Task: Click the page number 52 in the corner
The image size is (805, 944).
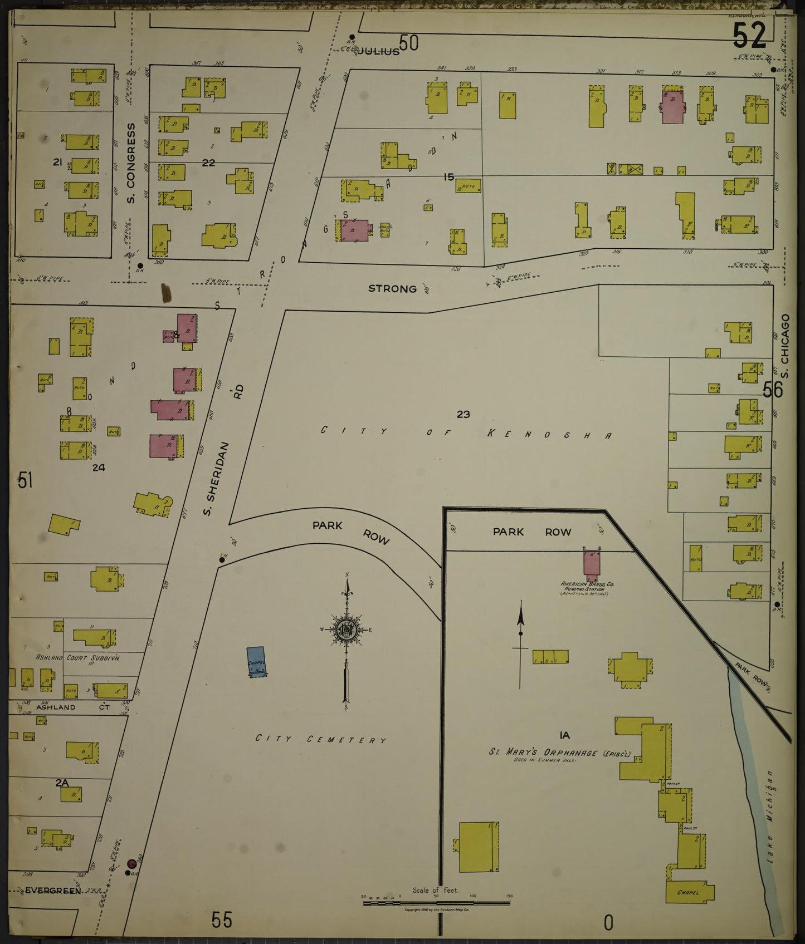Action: click(749, 37)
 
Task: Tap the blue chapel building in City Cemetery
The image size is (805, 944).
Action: click(256, 662)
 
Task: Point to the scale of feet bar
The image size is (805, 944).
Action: click(437, 902)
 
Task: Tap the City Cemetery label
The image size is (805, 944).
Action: click(320, 739)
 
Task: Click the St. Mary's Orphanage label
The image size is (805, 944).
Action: click(559, 753)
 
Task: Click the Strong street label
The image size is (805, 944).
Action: click(392, 288)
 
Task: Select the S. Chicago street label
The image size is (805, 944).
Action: click(786, 340)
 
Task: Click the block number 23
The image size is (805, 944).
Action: click(463, 414)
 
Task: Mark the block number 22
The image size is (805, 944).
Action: click(208, 163)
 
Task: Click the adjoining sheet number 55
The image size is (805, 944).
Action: click(221, 920)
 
